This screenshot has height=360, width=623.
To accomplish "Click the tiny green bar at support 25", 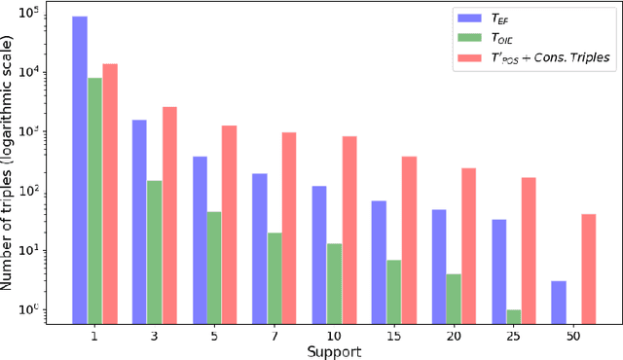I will pyautogui.click(x=514, y=315).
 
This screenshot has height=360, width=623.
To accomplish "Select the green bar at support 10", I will pyautogui.click(x=335, y=282).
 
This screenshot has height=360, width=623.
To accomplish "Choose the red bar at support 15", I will pyautogui.click(x=409, y=238).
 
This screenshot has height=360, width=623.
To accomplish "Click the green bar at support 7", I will pyautogui.click(x=275, y=276).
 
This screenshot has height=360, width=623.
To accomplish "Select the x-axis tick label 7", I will pyautogui.click(x=275, y=335).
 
